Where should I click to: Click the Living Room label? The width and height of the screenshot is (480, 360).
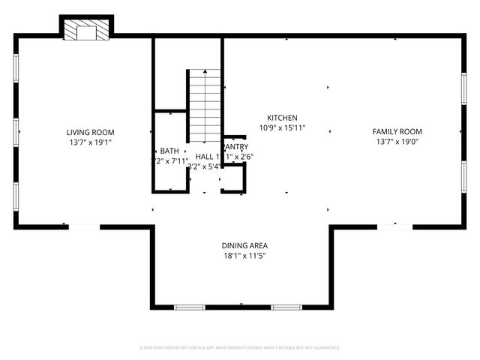click(x=90, y=131)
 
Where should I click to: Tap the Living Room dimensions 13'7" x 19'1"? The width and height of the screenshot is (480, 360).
click(x=90, y=142)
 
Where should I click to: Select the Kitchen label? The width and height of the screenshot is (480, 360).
click(x=283, y=118)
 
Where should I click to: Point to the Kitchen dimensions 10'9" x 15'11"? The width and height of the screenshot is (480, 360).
click(x=283, y=128)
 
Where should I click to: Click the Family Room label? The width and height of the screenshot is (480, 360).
click(x=397, y=131)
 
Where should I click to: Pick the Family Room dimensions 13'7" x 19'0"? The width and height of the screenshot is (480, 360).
click(x=397, y=142)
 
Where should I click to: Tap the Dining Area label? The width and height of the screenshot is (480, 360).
click(x=244, y=245)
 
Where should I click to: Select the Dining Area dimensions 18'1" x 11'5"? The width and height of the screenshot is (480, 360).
click(x=244, y=256)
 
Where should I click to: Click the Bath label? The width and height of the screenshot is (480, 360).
click(x=169, y=151)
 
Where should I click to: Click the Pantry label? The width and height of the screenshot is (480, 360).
click(x=235, y=147)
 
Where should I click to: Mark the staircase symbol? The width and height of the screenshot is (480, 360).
click(x=205, y=102)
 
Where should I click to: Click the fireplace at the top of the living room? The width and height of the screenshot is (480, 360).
click(x=85, y=30)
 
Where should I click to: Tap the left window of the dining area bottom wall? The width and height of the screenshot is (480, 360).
click(x=189, y=307)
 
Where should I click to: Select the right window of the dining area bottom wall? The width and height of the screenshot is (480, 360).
click(x=286, y=307)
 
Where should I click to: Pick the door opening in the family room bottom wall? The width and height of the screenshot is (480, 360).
click(x=394, y=226)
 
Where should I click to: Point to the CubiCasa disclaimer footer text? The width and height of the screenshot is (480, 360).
click(x=240, y=348)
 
